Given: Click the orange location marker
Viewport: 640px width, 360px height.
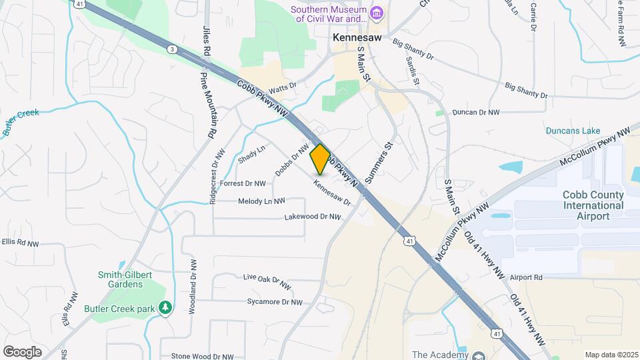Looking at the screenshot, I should point(320,159).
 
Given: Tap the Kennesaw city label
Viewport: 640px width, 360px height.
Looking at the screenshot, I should point(357,38).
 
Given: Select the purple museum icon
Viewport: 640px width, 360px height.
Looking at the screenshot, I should point(377,13).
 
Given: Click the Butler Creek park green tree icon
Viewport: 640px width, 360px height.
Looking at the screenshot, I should point(165,309).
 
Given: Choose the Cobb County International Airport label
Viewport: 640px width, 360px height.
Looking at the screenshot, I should point(593,205).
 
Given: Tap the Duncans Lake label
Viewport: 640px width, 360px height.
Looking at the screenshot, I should point(573,131).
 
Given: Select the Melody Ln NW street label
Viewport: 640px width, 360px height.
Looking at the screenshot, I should point(261,201).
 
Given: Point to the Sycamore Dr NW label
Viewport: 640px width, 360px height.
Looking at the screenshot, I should point(275,302).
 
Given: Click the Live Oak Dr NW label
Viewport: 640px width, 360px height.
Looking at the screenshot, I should point(267,281).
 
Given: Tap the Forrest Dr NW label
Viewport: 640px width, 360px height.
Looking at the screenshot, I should point(243,183).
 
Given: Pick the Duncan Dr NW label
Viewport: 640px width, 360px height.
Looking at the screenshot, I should point(475,113).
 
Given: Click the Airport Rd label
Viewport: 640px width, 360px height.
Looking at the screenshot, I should point(526,277).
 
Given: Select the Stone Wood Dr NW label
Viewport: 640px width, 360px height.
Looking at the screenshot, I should point(202,357).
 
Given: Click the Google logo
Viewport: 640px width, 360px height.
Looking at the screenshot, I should point(22,351).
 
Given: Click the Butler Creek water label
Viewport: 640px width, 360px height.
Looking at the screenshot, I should point(21,122).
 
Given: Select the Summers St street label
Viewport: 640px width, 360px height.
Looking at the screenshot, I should point(380,161).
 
